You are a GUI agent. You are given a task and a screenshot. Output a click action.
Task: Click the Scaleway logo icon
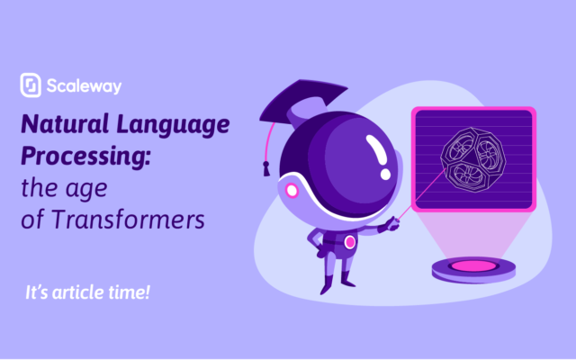[31, 85]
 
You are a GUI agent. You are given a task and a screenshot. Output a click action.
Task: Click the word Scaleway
[84, 86]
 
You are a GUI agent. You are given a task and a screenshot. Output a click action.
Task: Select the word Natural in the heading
[65, 123]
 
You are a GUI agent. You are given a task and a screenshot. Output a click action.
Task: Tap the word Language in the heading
[173, 126]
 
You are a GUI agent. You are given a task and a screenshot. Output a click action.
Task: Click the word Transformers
[128, 220]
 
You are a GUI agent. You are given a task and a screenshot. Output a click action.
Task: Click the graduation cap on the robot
[302, 102]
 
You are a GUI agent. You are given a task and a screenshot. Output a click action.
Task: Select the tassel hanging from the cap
[266, 168]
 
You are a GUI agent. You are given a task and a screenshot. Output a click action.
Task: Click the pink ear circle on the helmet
[292, 191]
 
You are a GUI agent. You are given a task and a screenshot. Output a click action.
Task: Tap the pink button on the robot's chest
[350, 242]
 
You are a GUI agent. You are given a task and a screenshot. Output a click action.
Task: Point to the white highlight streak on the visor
[377, 150]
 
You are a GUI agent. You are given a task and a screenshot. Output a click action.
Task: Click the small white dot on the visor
[385, 174]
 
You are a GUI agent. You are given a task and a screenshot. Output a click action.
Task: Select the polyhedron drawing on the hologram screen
[473, 160]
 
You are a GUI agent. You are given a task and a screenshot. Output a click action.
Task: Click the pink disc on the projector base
[473, 266]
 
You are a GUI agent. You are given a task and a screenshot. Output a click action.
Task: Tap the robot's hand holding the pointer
[391, 224]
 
